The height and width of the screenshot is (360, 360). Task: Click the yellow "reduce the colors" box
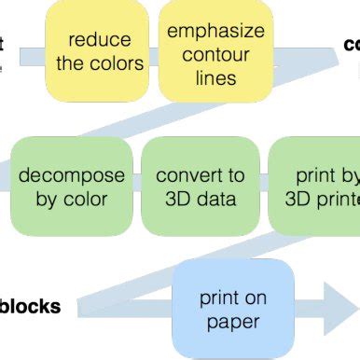point(100,51)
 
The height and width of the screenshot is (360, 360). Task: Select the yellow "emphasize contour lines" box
point(215,51)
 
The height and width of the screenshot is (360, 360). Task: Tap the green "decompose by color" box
point(71,187)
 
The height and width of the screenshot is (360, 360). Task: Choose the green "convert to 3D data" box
point(201,187)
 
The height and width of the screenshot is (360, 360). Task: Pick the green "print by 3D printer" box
point(316,187)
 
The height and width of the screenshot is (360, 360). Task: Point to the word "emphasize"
point(215,31)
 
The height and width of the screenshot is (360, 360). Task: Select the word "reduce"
point(100,41)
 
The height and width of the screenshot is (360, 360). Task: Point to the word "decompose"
point(72,175)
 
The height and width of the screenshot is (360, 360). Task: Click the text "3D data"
point(201,198)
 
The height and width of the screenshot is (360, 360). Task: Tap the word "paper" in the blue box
point(233,322)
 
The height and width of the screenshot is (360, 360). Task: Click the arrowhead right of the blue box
point(339,309)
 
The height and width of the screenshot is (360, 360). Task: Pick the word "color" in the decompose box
point(85,198)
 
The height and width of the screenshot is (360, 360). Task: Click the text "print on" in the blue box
point(233,298)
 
